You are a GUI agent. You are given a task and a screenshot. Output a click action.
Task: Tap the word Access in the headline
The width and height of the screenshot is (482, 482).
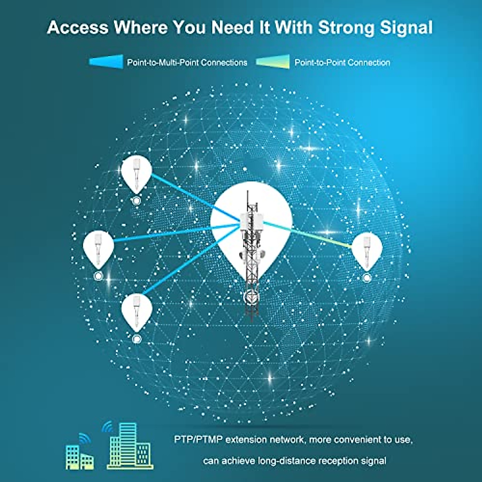tap(78, 27)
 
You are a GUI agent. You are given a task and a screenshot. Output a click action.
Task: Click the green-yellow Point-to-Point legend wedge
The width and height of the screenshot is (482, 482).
tap(273, 62)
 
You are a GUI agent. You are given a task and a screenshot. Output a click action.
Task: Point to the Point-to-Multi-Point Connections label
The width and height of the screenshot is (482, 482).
tap(187, 63)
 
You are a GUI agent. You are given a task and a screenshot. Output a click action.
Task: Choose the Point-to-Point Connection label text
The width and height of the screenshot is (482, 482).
tap(342, 63)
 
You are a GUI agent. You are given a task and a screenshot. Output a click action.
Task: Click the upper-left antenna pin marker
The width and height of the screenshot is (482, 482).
tap(137, 173)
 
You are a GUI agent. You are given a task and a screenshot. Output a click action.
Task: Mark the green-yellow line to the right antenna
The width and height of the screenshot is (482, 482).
tap(321, 237)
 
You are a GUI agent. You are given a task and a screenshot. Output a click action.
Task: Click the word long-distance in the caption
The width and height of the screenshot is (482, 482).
tap(284, 461)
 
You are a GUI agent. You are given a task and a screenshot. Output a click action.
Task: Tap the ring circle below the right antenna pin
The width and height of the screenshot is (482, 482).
tap(366, 278)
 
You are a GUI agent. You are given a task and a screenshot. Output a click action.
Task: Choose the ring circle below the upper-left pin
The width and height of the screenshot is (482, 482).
tap(137, 201)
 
